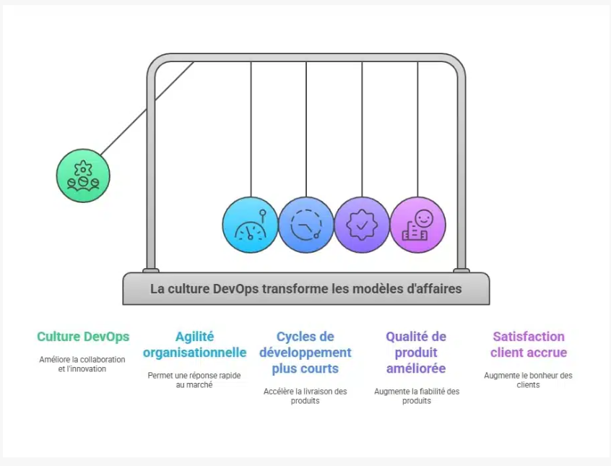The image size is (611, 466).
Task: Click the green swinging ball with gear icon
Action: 83,175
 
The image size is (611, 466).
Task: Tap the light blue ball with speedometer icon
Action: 250,225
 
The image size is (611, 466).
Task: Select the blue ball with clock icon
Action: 306,225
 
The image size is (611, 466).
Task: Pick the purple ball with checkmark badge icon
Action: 362,225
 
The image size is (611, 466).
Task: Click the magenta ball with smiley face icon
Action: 417,225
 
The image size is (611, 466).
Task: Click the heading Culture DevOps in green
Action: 83,337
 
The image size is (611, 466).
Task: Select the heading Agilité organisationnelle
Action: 194,345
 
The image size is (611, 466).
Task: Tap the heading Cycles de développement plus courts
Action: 305,353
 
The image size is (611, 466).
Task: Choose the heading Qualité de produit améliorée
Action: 416,353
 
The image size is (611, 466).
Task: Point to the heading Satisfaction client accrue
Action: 528,345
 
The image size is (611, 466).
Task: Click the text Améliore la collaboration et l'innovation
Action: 82,364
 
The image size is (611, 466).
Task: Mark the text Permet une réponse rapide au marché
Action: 194,380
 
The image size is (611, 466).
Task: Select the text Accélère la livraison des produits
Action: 305,396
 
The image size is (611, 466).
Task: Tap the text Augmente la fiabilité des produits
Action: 416,396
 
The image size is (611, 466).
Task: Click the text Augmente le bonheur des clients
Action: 528,380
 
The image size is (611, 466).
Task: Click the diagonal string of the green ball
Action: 147,108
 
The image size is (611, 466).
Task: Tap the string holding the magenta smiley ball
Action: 417,130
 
